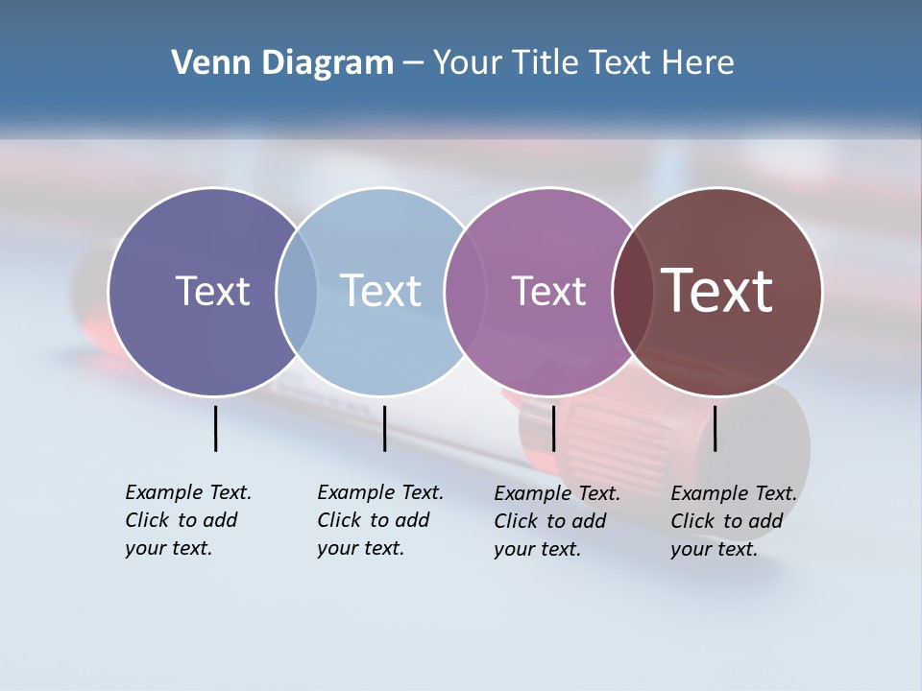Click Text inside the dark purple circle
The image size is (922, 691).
(212, 291)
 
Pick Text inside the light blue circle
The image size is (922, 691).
(380, 291)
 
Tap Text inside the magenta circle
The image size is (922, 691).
(548, 291)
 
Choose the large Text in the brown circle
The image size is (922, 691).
(716, 291)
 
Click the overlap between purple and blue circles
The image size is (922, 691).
(297, 292)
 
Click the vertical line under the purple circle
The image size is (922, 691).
(216, 428)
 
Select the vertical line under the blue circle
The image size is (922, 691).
(384, 428)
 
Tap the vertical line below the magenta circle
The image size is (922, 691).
(553, 428)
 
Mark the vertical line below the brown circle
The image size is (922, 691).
(716, 428)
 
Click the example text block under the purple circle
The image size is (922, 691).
(188, 520)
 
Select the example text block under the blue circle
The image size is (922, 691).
(380, 520)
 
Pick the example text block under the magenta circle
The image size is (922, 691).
(557, 521)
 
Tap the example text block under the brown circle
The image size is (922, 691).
(734, 521)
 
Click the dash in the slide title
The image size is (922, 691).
(413, 63)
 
